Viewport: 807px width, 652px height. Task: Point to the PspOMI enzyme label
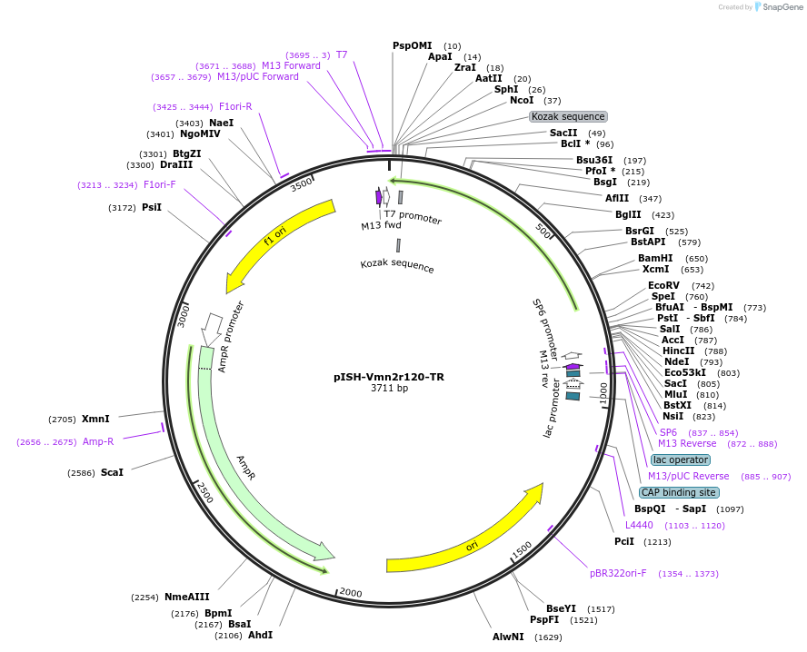413,45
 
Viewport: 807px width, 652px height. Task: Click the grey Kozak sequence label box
568,116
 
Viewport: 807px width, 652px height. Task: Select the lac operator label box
681,459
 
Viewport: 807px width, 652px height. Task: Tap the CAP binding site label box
678,492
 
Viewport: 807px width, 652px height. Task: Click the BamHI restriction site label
655,258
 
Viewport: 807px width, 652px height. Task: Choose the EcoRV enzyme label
663,285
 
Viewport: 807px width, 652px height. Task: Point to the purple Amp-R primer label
98,441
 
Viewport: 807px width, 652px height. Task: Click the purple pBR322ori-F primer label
618,573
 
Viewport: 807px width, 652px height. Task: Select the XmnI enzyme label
95,419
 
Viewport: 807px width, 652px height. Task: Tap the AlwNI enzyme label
508,637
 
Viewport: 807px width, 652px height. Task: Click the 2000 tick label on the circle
351,593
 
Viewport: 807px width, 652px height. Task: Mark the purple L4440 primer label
639,525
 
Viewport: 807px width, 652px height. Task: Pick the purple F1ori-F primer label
160,184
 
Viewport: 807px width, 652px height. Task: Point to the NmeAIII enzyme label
186,597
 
